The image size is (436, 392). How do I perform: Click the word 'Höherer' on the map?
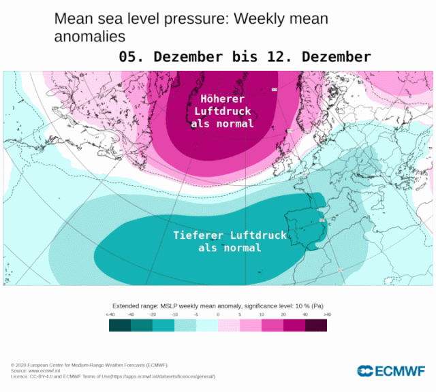(222, 99)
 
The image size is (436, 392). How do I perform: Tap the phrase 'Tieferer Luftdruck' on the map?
(230, 235)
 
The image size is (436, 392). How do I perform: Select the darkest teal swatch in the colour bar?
(120, 325)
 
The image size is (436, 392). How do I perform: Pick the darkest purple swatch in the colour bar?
(316, 325)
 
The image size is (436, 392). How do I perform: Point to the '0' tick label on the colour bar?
(218, 314)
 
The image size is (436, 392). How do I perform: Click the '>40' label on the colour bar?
(327, 314)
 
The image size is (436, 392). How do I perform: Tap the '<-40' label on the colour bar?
(110, 314)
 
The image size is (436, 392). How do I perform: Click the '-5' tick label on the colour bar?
(196, 314)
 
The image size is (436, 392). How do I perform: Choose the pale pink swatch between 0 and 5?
(229, 325)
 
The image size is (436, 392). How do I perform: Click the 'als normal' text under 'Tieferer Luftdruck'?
(230, 248)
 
